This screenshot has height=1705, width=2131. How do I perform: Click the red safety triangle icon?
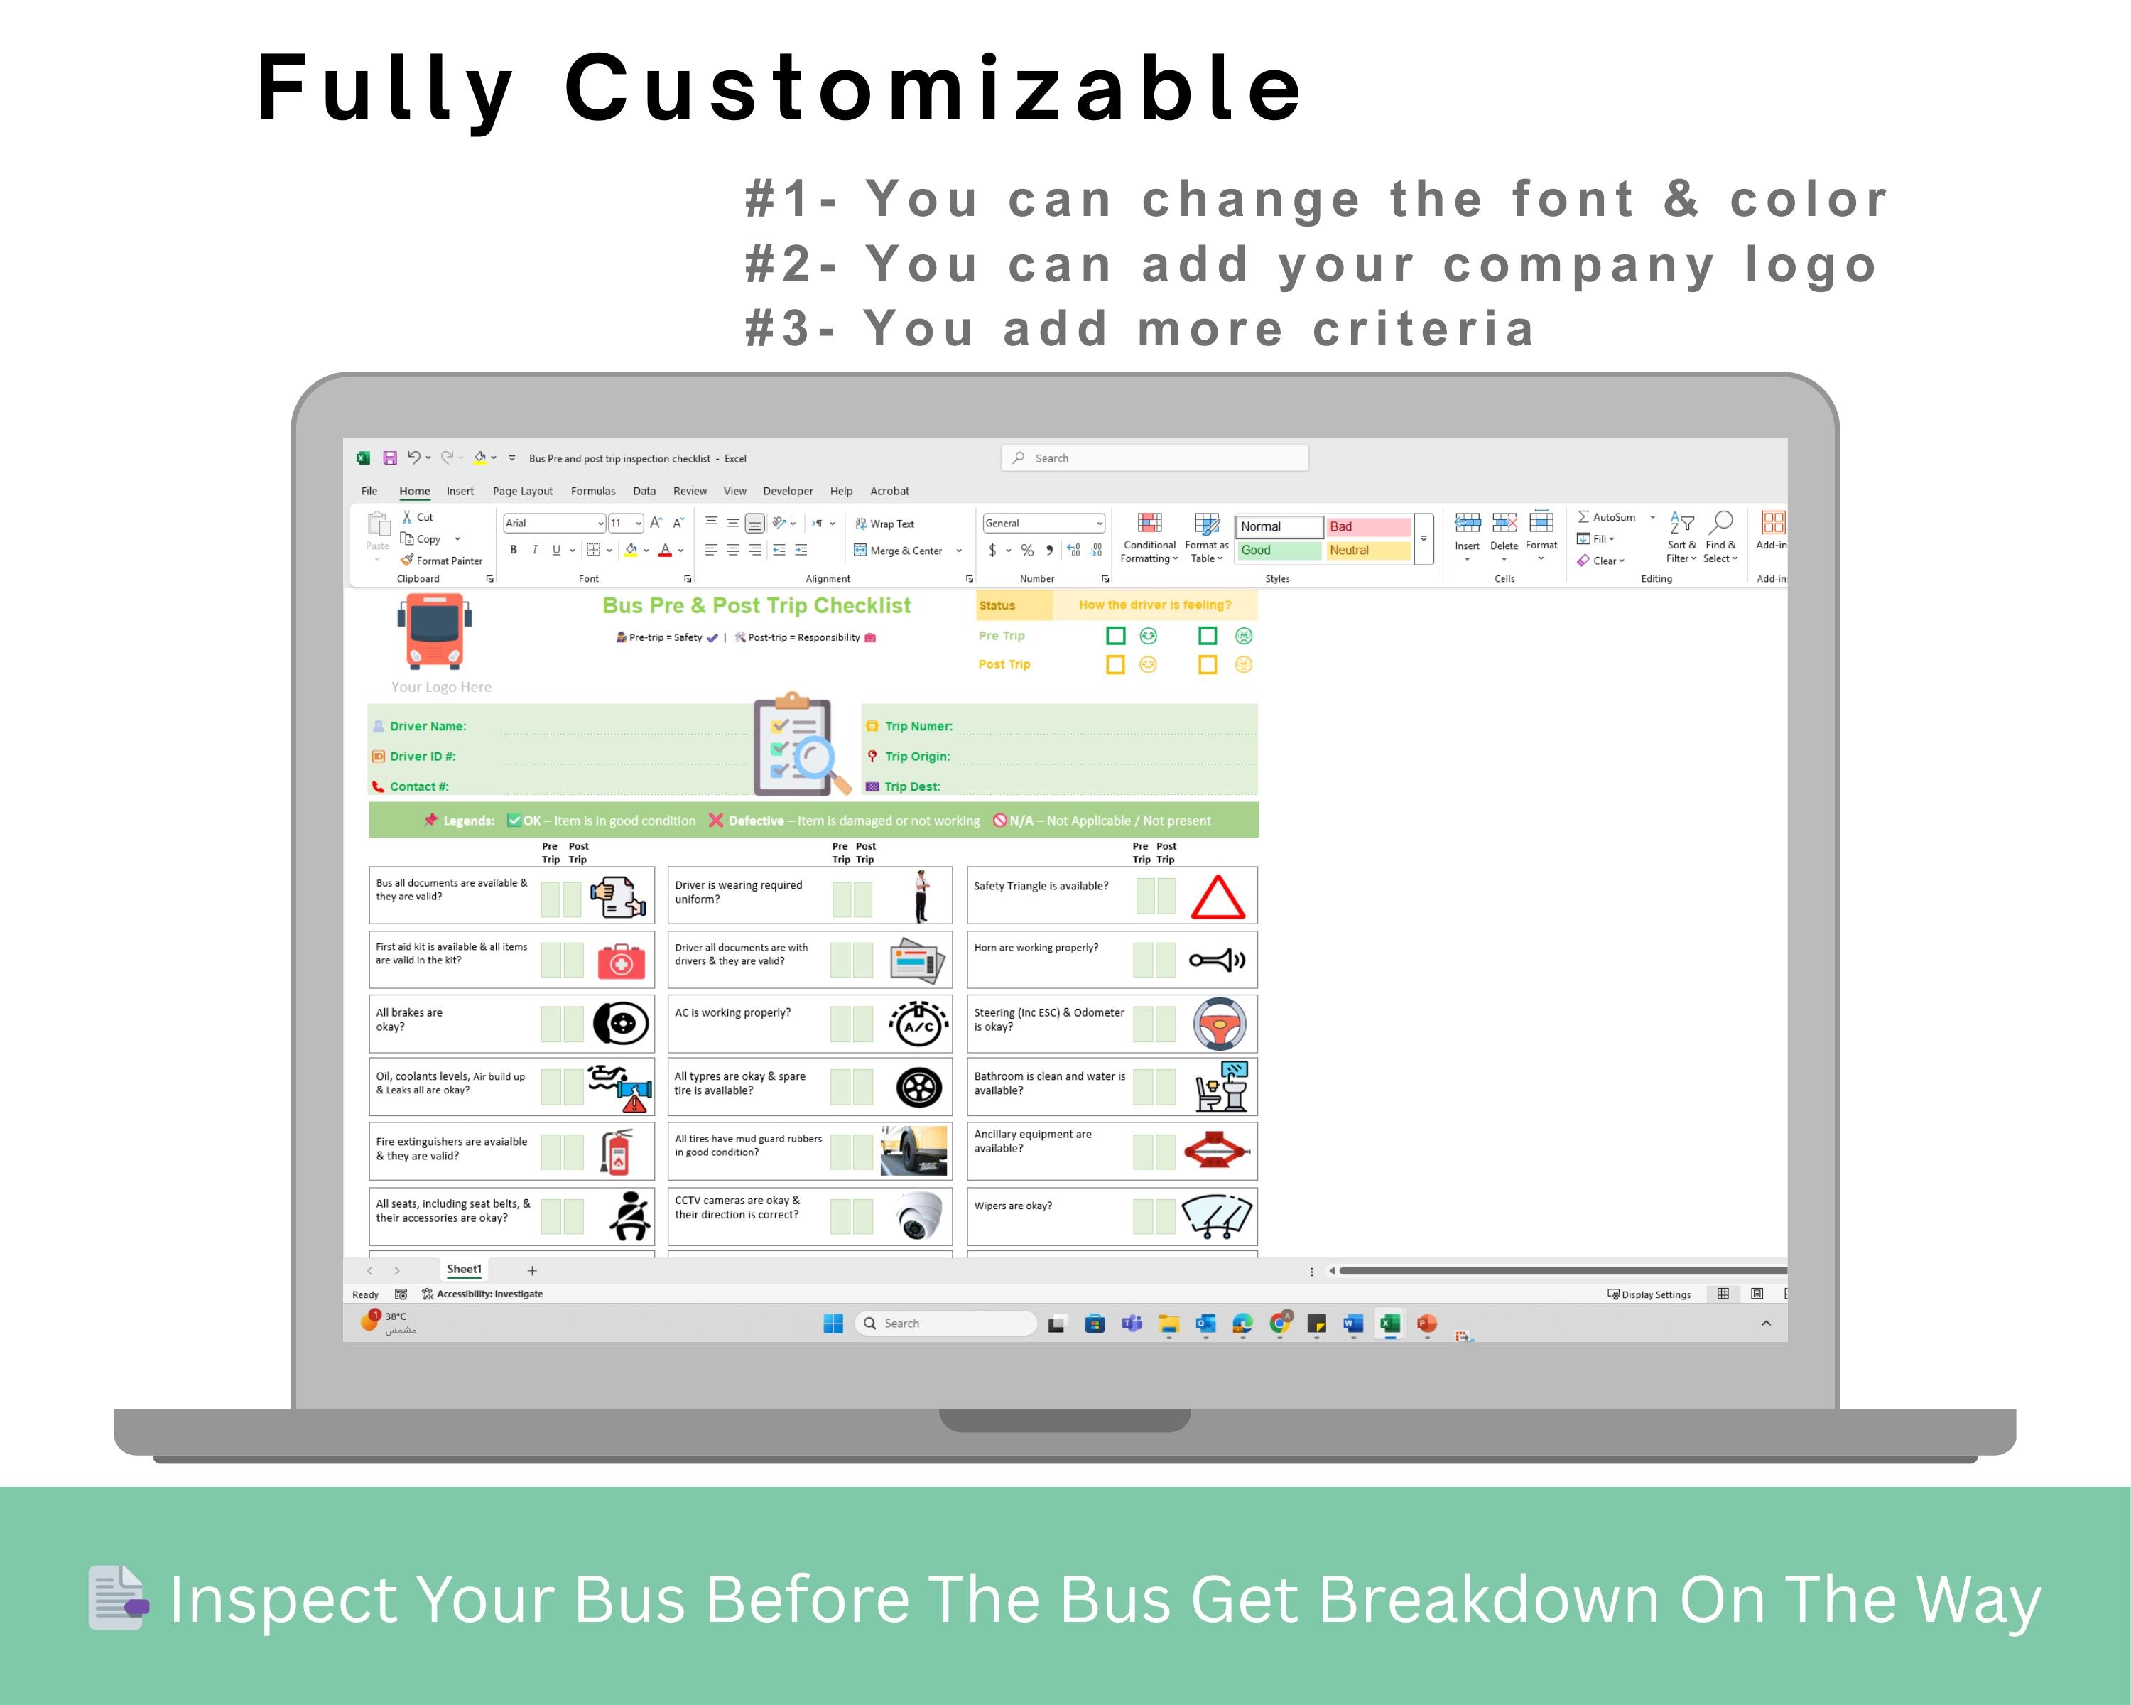1217,897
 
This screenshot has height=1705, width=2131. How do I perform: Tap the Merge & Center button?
899,551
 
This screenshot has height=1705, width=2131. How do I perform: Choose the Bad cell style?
1367,527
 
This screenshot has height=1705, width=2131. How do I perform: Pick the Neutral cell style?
1367,551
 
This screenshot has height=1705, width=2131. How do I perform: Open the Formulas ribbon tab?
593,491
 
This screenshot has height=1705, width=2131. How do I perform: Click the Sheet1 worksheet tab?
464,1269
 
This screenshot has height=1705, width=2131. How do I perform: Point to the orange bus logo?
435,631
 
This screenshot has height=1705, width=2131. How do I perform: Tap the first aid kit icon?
621,960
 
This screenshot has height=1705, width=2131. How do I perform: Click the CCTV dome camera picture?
919,1215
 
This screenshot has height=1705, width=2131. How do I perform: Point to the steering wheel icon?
1220,1023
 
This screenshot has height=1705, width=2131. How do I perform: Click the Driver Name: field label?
427,727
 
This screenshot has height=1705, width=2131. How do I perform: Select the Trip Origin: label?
917,756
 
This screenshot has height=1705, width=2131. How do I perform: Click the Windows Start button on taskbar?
833,1324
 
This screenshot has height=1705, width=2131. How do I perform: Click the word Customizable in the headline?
933,89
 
